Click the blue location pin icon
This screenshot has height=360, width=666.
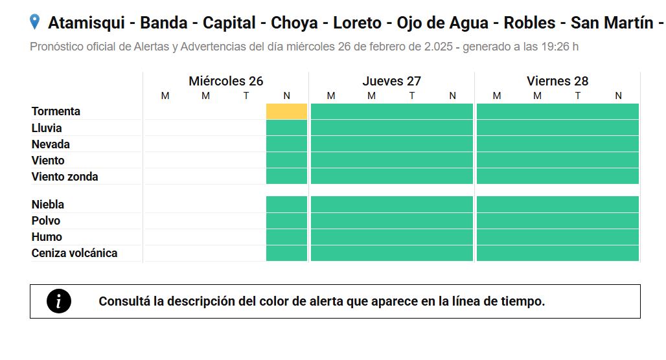[35, 21]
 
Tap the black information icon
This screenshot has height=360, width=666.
[59, 302]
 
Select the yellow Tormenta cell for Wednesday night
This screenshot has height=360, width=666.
[287, 111]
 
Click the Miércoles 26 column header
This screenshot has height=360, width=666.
[226, 81]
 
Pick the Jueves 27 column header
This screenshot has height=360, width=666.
[391, 81]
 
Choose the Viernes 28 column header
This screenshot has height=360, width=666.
[558, 81]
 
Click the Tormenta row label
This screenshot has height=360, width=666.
[56, 111]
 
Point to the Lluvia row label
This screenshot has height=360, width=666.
[47, 128]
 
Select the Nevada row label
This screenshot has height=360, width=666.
[51, 144]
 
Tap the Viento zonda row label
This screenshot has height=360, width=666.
[65, 177]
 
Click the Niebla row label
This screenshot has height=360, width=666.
[47, 205]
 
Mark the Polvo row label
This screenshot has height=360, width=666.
[46, 221]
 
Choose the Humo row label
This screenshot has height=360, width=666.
[47, 237]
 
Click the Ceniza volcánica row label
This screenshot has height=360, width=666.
[75, 253]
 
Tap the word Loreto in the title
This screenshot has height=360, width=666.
[357, 23]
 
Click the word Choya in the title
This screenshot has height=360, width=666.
[294, 23]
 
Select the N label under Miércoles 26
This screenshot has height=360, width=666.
[287, 96]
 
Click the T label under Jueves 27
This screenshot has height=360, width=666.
[412, 96]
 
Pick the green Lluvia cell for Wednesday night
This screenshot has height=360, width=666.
[287, 128]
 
